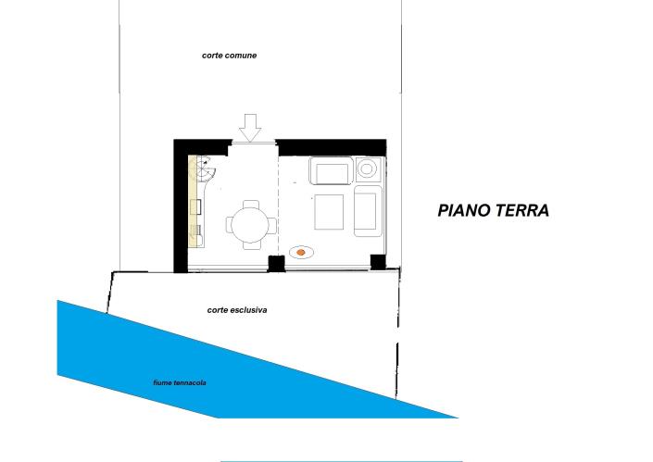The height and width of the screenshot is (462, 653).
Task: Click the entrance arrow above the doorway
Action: click(250, 128)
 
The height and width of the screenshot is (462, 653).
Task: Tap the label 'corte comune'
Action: click(229, 56)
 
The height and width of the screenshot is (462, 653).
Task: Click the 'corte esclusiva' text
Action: click(237, 310)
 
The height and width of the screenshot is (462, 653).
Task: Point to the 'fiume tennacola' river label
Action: click(180, 383)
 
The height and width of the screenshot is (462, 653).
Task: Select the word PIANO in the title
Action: click(462, 210)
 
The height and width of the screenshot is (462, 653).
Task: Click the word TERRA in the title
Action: click(521, 210)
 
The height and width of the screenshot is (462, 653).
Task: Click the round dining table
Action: click(250, 225)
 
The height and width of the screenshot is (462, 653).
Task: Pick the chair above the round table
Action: click(251, 205)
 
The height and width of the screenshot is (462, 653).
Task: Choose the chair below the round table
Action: click(251, 245)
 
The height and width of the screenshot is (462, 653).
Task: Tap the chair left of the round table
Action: click(230, 225)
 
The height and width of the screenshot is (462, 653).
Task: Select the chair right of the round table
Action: click(271, 225)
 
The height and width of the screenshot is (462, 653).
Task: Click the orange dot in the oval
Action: click(301, 252)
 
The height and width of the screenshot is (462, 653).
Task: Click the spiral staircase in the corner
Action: click(206, 169)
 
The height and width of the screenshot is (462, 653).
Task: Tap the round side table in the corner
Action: click(368, 169)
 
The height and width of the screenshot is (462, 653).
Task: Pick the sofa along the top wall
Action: click(332, 170)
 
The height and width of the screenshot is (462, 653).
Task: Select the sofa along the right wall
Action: click(368, 211)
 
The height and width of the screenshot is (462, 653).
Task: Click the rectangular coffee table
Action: click(329, 212)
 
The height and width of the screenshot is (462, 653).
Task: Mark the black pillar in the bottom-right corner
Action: click(378, 262)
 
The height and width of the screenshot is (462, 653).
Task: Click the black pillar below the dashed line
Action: click(276, 264)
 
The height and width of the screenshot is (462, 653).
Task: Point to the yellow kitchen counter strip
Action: click(193, 202)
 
